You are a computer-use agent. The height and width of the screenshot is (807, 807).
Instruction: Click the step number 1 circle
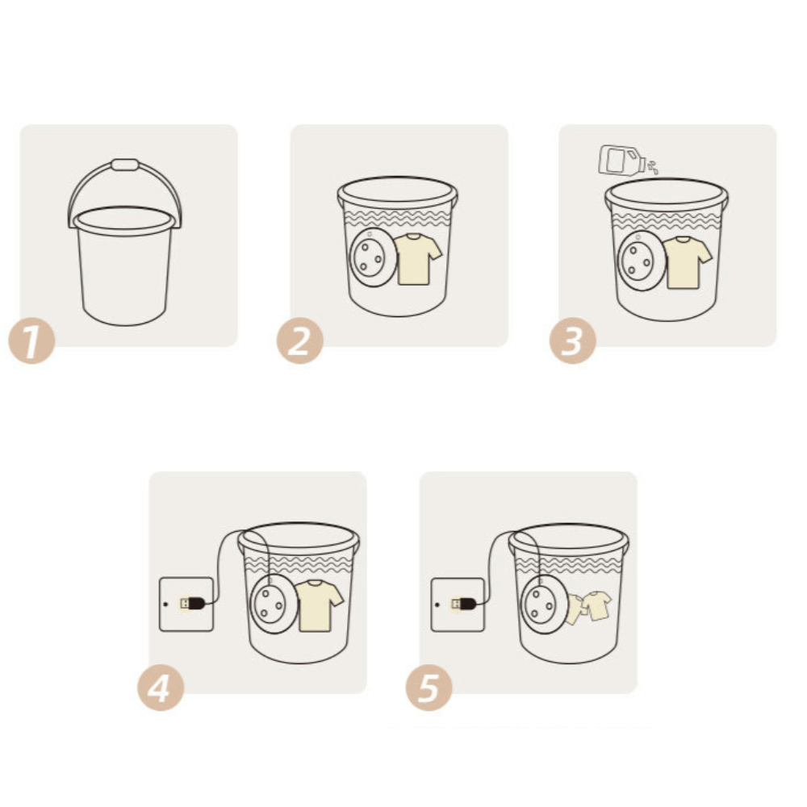[32, 341]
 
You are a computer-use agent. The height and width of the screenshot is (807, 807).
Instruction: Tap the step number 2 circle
[300, 341]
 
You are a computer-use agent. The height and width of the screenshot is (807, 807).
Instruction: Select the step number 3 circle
[572, 341]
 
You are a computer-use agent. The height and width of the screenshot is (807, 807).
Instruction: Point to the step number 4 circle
[161, 688]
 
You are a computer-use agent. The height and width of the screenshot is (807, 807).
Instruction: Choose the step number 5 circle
[429, 688]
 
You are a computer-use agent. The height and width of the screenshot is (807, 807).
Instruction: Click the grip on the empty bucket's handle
[125, 165]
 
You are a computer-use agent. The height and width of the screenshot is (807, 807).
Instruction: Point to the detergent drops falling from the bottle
[653, 167]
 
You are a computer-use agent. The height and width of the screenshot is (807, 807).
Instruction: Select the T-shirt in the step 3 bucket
[687, 262]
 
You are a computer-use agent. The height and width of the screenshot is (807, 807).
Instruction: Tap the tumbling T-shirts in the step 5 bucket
[588, 608]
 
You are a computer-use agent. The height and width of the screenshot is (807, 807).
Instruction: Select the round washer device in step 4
[274, 604]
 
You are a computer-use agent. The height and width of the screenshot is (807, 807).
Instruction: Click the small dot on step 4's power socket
[165, 604]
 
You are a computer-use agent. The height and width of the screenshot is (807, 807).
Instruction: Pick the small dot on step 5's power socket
[437, 604]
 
